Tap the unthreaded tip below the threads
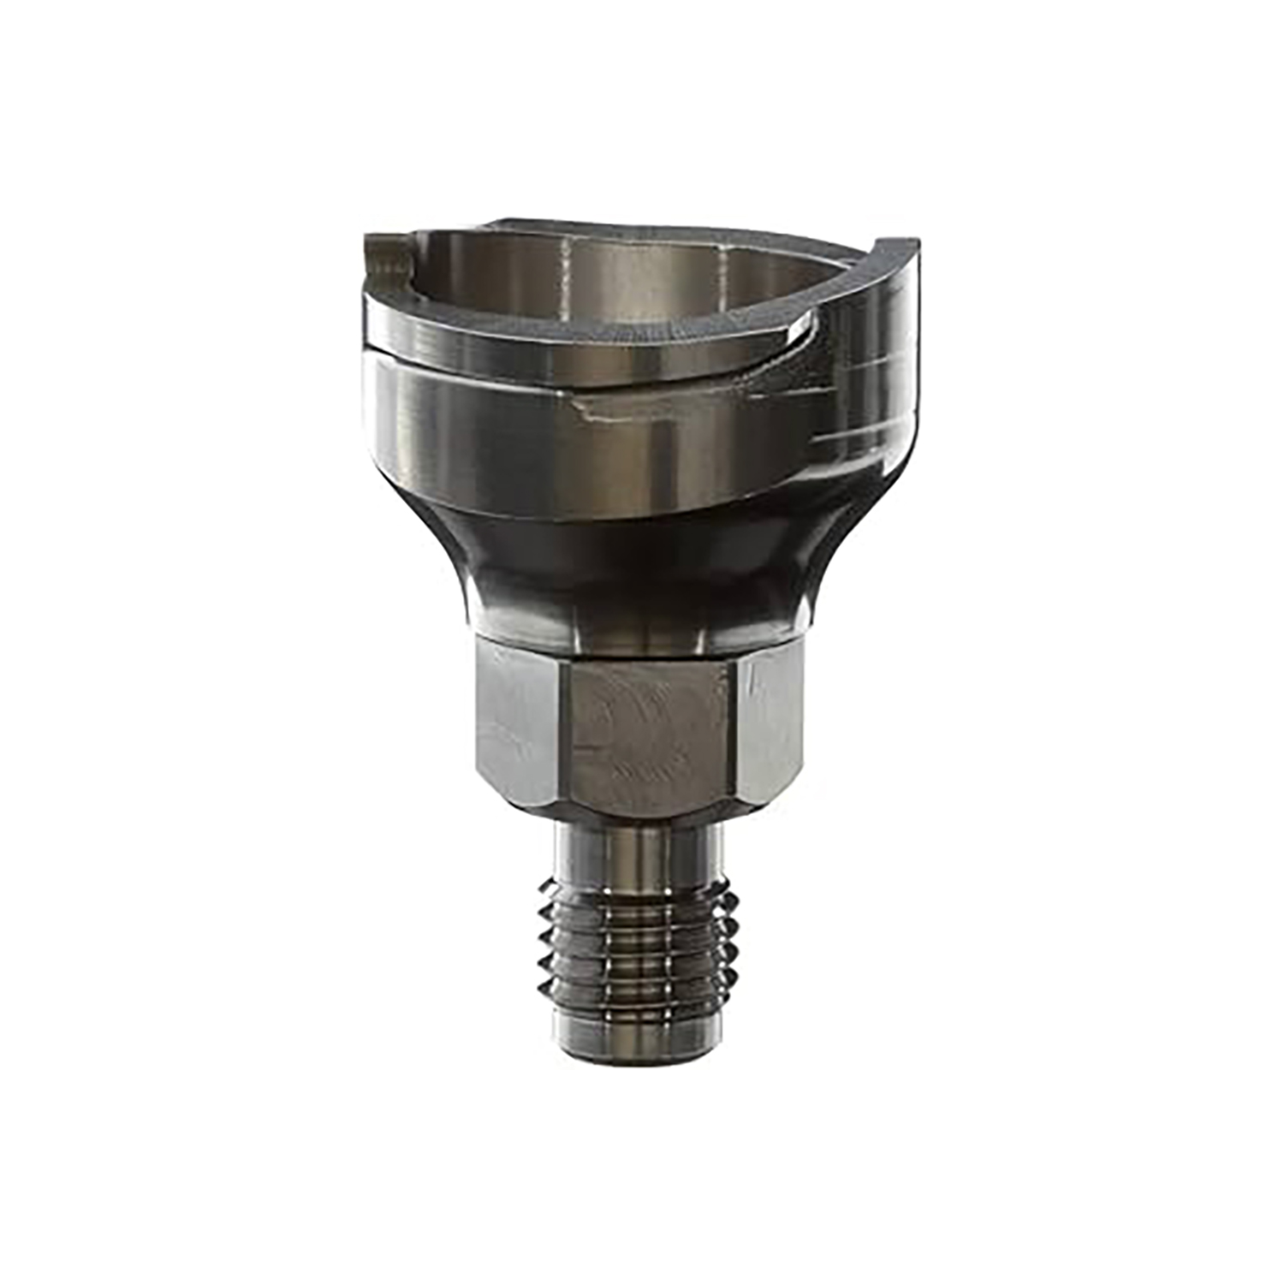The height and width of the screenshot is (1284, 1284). tap(638, 1031)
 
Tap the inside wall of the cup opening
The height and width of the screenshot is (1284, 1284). tap(633, 274)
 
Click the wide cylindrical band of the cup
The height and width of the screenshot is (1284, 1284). tap(479, 428)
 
